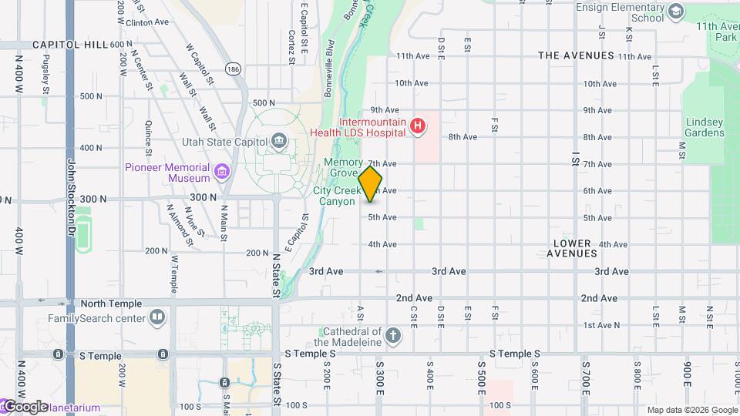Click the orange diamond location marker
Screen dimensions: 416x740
pyautogui.click(x=370, y=184)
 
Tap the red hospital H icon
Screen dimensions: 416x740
pyautogui.click(x=418, y=126)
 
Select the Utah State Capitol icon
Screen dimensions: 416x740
pyautogui.click(x=278, y=141)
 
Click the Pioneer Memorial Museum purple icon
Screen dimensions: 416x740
pyautogui.click(x=222, y=171)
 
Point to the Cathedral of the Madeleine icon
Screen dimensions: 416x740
pyautogui.click(x=393, y=335)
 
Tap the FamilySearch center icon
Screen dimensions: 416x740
pyautogui.click(x=157, y=317)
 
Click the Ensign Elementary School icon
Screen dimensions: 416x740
pyautogui.click(x=676, y=11)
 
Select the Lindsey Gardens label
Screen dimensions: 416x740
pyautogui.click(x=705, y=127)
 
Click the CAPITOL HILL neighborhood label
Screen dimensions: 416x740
pyautogui.click(x=70, y=45)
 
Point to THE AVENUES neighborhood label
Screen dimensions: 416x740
pyautogui.click(x=576, y=55)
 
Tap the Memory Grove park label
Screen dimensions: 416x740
pyautogui.click(x=343, y=167)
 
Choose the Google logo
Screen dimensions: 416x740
pyautogui.click(x=26, y=407)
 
